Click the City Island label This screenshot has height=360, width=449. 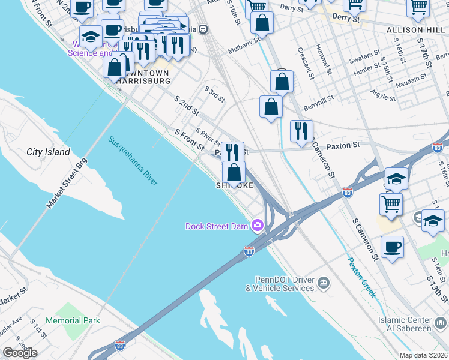[x=48, y=152]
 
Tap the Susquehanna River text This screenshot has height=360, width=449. [x=133, y=161]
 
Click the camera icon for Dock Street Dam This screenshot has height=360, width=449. [x=258, y=226]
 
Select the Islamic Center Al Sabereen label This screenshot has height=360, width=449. [x=413, y=325]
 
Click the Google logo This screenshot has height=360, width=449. [x=20, y=353]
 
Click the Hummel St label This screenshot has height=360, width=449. [x=328, y=62]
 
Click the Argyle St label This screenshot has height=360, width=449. [x=382, y=95]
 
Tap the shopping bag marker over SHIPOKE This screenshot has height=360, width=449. [x=234, y=172]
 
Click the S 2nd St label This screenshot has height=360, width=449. [x=187, y=104]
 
